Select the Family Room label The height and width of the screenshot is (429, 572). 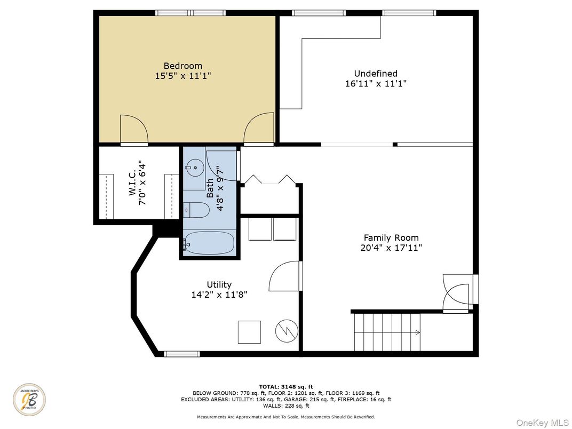pyautogui.click(x=391, y=238)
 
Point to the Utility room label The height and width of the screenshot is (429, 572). pyautogui.click(x=219, y=284)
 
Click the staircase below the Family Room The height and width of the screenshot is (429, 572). pyautogui.click(x=387, y=332)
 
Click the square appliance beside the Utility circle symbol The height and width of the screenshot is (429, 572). pyautogui.click(x=249, y=332)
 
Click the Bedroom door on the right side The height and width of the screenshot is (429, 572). pyautogui.click(x=259, y=129)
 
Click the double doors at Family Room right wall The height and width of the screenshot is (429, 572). pyautogui.click(x=457, y=293)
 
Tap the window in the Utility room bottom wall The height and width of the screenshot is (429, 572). pyautogui.click(x=181, y=353)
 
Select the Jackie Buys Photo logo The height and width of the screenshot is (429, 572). pyautogui.click(x=29, y=399)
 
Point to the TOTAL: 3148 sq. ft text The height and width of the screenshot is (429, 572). pyautogui.click(x=286, y=386)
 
